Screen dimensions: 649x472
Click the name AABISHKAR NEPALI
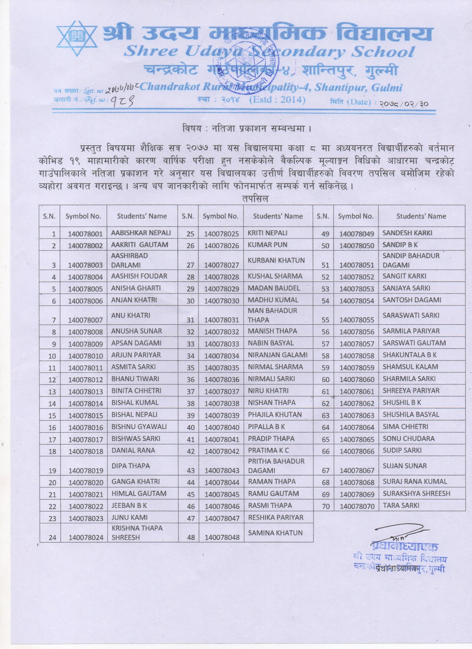[x=141, y=233]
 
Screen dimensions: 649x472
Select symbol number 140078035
[x=222, y=368]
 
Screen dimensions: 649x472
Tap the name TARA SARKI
[x=401, y=505]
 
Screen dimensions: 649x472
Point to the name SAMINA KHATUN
[x=275, y=533]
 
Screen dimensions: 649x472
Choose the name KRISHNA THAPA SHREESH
[x=137, y=533]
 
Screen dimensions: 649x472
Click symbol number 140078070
[x=357, y=506]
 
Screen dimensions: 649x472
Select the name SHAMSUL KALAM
[x=410, y=367]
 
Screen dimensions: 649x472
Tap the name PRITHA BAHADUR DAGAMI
[x=276, y=466]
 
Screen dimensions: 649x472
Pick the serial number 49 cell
[x=325, y=234]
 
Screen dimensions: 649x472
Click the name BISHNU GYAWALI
[x=139, y=426]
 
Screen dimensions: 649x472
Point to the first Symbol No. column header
[x=83, y=216]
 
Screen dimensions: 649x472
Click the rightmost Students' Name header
[x=421, y=216]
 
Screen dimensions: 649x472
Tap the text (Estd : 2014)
[x=277, y=100]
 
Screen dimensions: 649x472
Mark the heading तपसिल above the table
[x=255, y=199]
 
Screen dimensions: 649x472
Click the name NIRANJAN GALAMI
[x=277, y=355]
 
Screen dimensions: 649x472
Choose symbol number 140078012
[x=86, y=380]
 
